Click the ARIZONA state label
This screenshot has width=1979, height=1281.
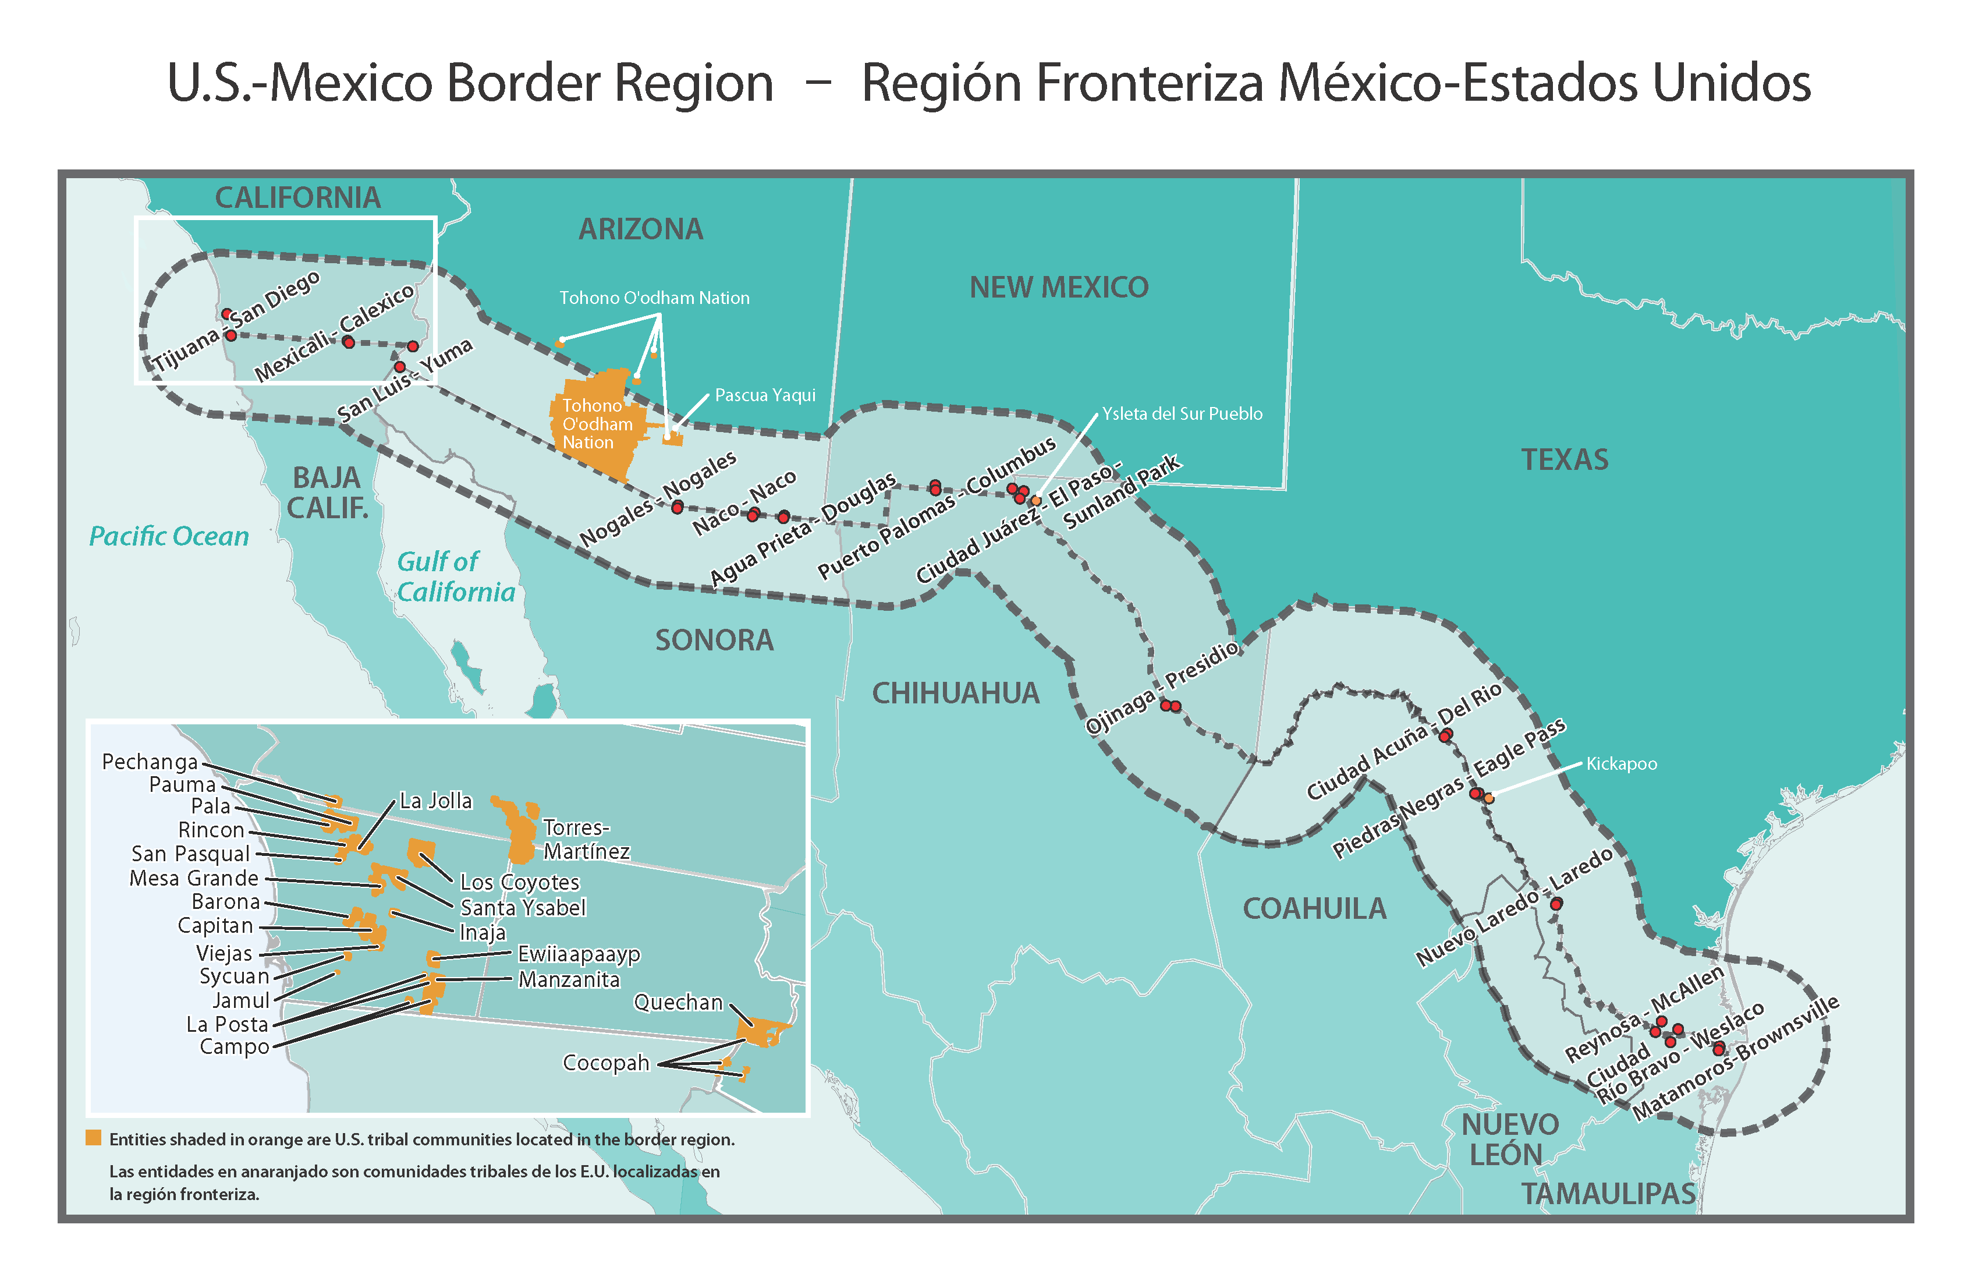point(640,229)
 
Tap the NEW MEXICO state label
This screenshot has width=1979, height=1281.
point(1059,287)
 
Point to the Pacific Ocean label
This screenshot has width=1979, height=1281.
point(169,536)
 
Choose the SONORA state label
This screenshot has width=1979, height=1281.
point(714,640)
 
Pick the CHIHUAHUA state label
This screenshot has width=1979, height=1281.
point(955,693)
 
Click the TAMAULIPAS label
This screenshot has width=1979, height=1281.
point(1608,1194)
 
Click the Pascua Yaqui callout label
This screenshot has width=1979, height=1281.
point(765,395)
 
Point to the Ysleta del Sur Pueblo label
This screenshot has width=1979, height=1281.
point(1182,413)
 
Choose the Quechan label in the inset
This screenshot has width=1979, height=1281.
point(678,1002)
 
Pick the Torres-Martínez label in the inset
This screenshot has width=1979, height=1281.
point(586,839)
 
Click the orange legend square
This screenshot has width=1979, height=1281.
point(93,1138)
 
